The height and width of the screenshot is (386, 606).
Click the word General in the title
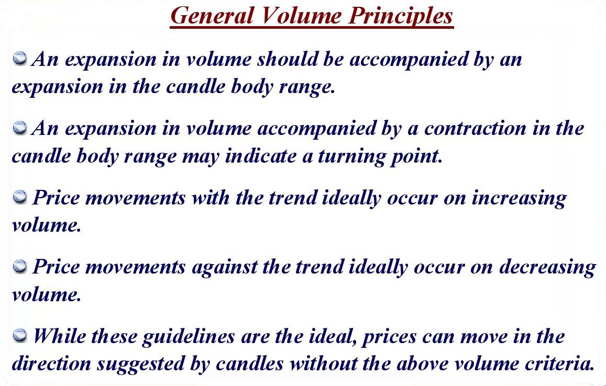(x=212, y=16)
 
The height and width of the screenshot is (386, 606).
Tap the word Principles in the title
(x=401, y=17)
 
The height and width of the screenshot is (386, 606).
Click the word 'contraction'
(x=475, y=128)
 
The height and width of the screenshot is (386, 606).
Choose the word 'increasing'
(x=519, y=199)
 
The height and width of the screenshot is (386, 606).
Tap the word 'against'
(x=224, y=268)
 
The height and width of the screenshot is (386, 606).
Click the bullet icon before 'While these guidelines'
(x=20, y=336)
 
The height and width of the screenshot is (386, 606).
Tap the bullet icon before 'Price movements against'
(x=20, y=266)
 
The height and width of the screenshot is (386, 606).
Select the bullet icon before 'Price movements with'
(x=20, y=197)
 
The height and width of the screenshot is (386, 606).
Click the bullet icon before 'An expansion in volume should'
(x=20, y=59)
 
